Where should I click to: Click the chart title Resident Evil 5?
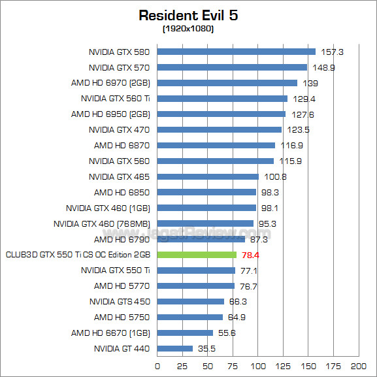pos(188,14)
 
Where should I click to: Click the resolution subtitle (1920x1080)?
pos(188,29)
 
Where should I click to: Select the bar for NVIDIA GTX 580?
pos(236,52)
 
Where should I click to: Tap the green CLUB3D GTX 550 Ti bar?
pos(197,255)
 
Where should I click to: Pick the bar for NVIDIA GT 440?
pos(175,348)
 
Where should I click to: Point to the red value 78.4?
pos(250,255)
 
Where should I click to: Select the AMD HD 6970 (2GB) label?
pos(110,83)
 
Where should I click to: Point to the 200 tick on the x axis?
pos(358,366)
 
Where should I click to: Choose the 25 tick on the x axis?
pos(182,366)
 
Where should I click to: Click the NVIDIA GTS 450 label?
pos(120,301)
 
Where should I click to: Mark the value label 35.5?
pos(207,348)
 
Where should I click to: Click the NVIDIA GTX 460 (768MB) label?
pos(102,223)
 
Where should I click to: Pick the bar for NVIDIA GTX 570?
pos(232,67)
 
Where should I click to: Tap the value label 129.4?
pos(301,99)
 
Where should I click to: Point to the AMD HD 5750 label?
pos(122,317)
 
